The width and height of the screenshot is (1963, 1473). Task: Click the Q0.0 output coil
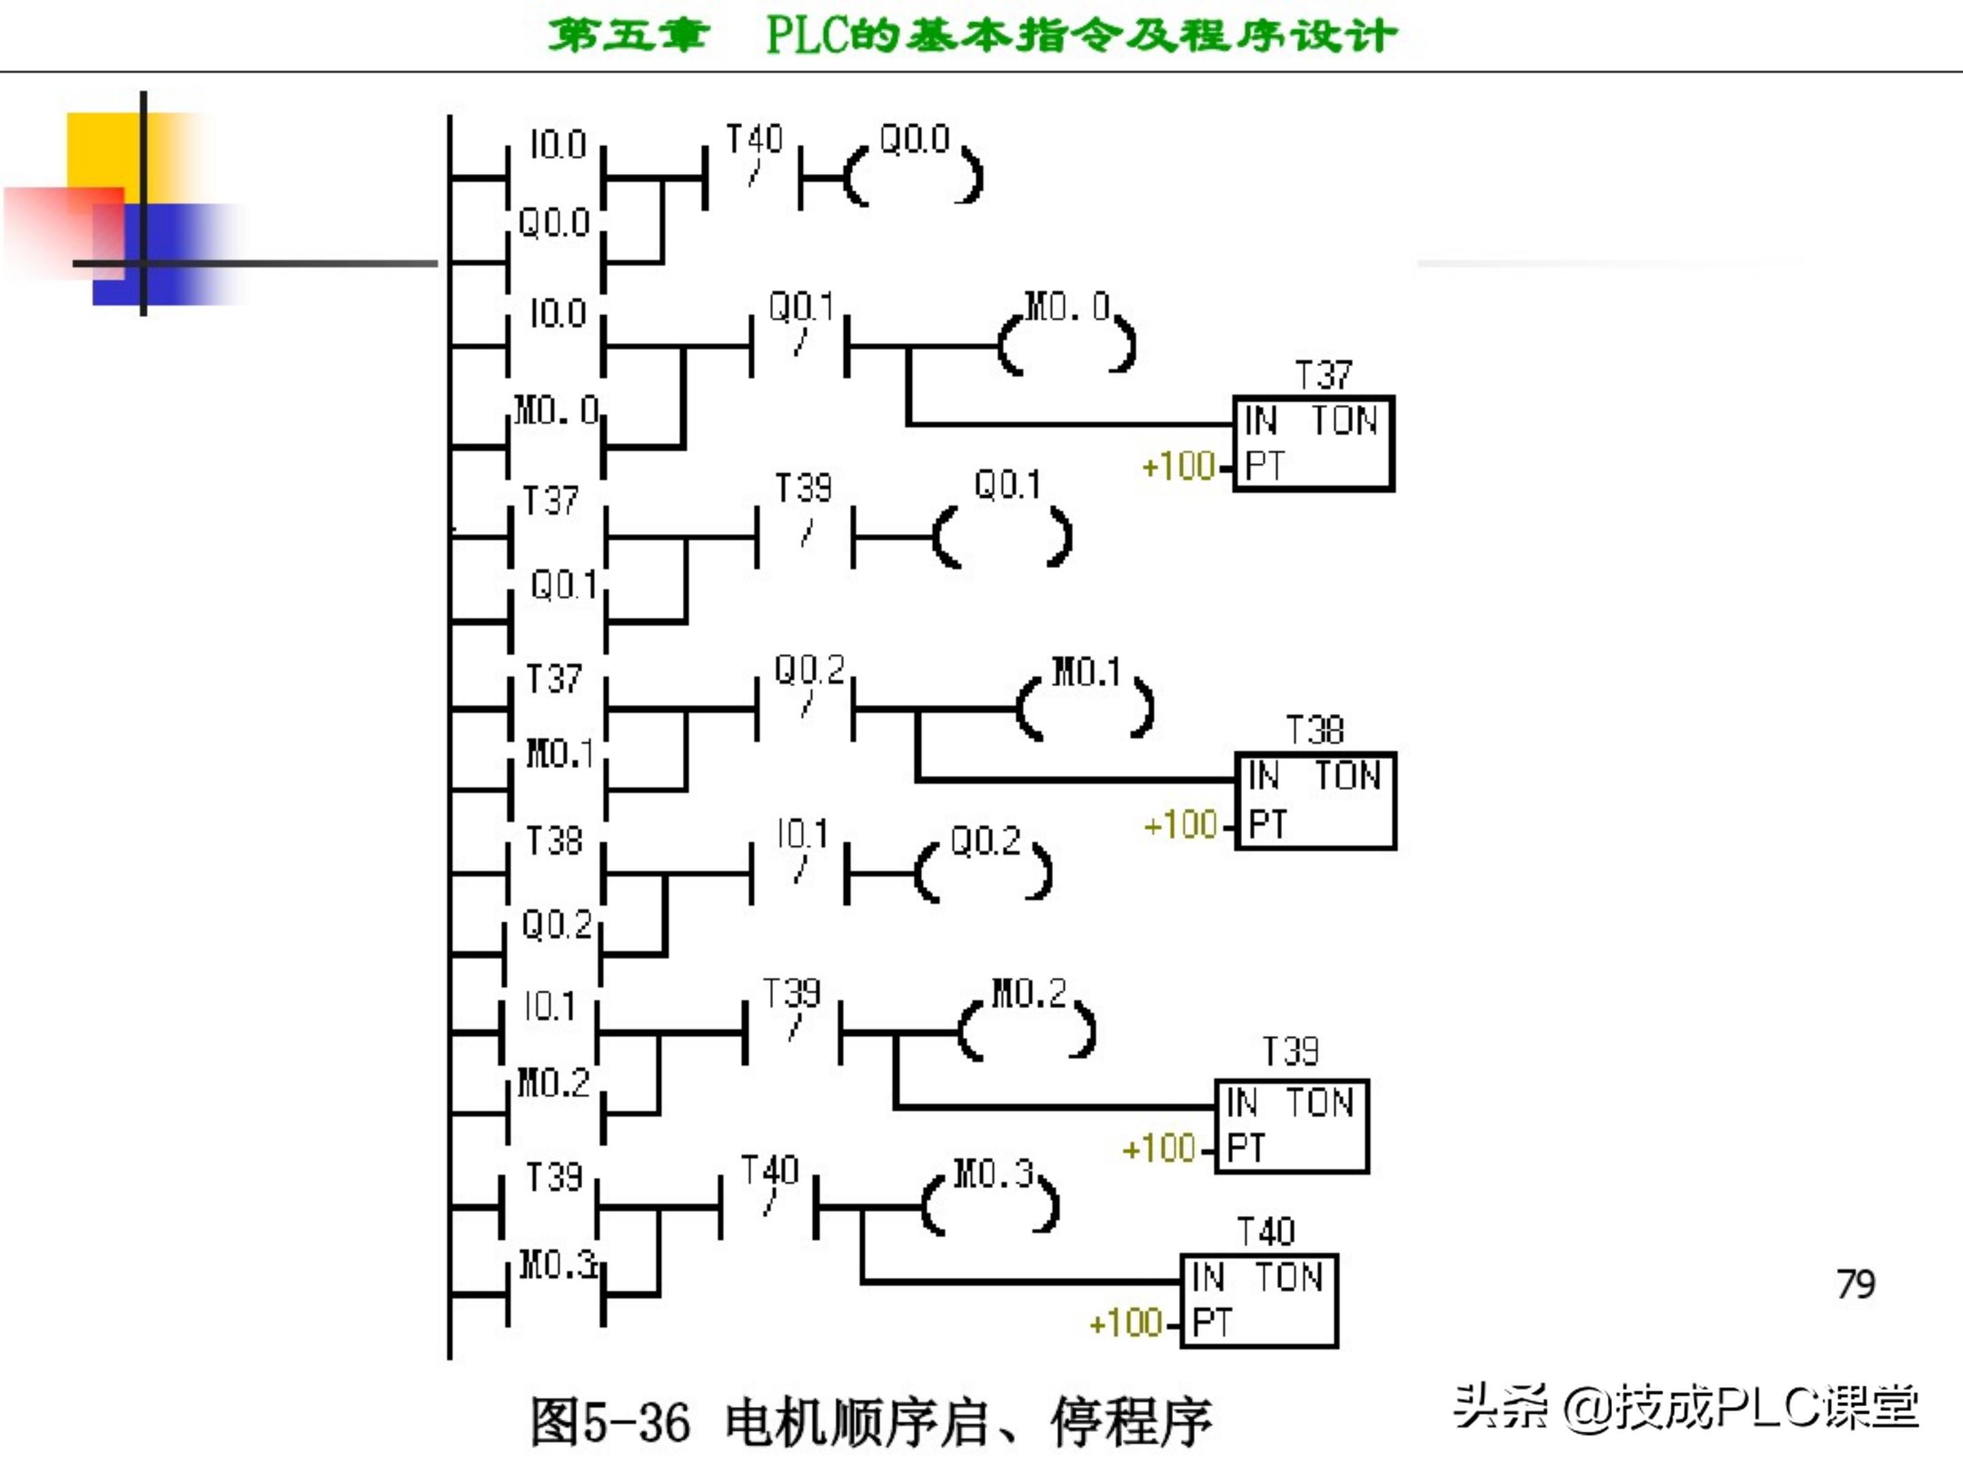(914, 176)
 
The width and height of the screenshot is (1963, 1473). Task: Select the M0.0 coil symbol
(1067, 344)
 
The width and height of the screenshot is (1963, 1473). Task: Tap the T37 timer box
(1313, 443)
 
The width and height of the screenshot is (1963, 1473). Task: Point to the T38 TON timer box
(1315, 800)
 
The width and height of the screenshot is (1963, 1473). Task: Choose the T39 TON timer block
(1291, 1126)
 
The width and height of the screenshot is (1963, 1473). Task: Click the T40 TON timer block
(1258, 1300)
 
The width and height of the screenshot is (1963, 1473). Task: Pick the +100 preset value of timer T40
(1125, 1323)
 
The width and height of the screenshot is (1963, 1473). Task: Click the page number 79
(1855, 1284)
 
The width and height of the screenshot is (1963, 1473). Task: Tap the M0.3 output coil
(991, 1206)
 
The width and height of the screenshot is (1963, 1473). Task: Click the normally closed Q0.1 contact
(800, 344)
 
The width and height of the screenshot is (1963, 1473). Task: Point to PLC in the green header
(808, 36)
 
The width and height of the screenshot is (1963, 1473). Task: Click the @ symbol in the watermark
(1587, 1408)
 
